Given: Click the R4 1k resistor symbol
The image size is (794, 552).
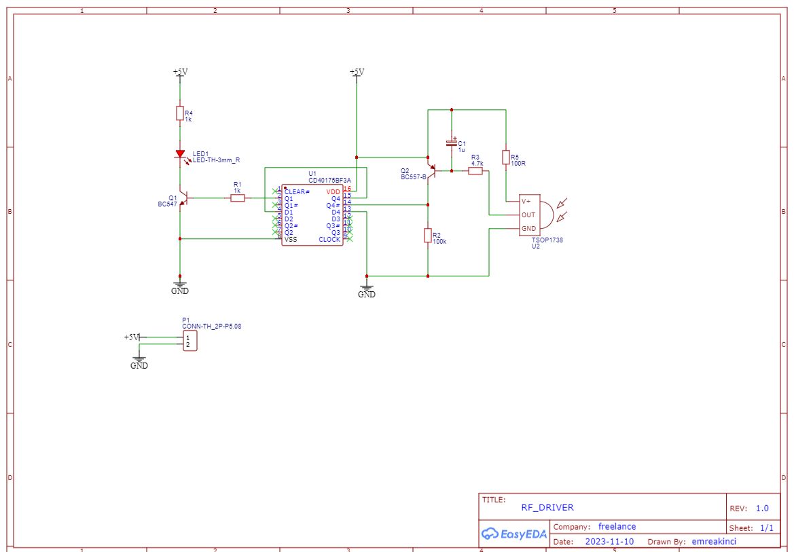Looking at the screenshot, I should point(180,113).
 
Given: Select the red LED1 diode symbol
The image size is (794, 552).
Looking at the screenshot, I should point(180,155).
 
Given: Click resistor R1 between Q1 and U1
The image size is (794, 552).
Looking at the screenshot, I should point(237,198).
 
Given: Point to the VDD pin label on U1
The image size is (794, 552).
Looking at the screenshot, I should point(333,192).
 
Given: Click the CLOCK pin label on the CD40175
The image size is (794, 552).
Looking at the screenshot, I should point(329,240).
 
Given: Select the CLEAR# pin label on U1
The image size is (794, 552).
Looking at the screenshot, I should point(297,192).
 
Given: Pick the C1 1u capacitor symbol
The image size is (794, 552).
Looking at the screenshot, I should point(451,143).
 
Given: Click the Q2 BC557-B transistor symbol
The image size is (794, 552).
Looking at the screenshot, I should point(429,170).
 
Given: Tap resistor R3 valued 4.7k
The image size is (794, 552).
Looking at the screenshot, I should point(475,171).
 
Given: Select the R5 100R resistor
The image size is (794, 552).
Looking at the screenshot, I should point(506,158).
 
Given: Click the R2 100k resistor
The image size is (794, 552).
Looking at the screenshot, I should point(428,236).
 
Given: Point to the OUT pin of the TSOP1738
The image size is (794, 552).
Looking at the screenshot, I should point(528,215).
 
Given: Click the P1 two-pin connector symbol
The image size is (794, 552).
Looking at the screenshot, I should point(190,341).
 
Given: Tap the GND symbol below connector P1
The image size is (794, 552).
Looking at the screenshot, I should point(139,360).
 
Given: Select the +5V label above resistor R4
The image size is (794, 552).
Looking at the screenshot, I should point(180,71).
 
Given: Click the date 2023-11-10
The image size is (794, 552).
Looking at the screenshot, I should point(609,542).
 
